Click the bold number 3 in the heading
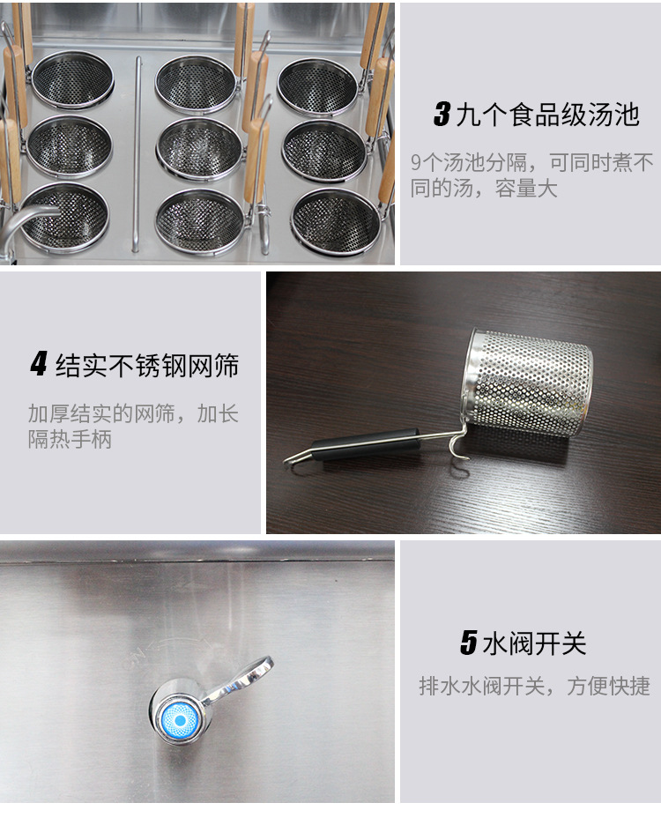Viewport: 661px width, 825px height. point(442,115)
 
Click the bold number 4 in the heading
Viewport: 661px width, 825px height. point(39,364)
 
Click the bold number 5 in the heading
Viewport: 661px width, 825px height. point(468,643)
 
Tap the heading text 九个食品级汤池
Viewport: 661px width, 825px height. point(548,115)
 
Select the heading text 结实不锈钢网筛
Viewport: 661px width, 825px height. point(147,365)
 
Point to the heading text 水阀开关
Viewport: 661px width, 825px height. point(534,643)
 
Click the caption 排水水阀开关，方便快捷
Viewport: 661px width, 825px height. point(534,686)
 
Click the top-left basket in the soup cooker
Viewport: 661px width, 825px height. point(72,79)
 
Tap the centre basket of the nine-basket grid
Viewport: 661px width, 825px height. point(199,149)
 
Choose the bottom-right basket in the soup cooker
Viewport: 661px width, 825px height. point(335,221)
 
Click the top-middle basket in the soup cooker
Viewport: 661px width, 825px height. point(196,85)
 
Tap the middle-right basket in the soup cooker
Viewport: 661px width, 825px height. point(324,151)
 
